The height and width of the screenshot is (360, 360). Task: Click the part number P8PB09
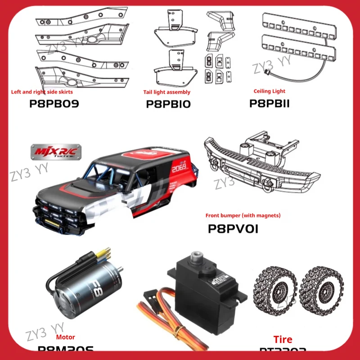coord(54,104)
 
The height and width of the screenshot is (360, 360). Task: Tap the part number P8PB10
coord(168,104)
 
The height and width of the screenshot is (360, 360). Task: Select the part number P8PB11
coord(270,103)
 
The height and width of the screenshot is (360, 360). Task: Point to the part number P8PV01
coord(233,229)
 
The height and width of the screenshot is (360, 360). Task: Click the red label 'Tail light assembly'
coord(166,92)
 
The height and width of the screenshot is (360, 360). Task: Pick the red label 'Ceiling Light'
coord(269,91)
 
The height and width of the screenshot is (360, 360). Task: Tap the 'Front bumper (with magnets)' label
coord(243,216)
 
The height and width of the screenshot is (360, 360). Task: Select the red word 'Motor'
coord(66,337)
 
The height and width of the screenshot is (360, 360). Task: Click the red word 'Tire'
coord(282,339)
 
